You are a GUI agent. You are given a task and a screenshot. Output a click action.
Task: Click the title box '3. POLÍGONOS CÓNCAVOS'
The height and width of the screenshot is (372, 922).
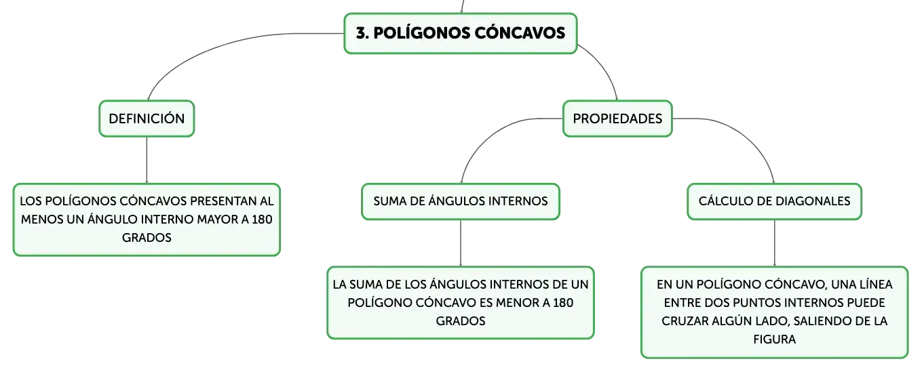[x=461, y=33]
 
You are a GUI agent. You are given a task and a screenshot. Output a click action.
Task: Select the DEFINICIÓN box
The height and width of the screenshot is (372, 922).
[x=147, y=119]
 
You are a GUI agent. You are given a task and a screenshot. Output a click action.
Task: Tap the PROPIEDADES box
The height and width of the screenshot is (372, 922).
[x=617, y=119]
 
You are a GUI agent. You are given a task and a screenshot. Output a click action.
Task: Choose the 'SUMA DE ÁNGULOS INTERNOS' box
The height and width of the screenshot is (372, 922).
[x=461, y=201]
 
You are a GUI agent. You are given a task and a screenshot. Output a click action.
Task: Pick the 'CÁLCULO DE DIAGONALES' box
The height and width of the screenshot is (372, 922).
[x=774, y=201]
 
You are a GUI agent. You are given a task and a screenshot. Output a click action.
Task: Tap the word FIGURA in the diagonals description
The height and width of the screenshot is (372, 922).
[x=774, y=339]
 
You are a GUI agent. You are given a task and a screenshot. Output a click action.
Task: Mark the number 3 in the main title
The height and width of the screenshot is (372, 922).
[x=360, y=33]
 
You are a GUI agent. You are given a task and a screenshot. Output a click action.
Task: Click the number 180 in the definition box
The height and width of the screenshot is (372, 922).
[x=262, y=220]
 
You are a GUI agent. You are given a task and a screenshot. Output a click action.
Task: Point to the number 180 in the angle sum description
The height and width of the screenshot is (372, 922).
[x=562, y=303]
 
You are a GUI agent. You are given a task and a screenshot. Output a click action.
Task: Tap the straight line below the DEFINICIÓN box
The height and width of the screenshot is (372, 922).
[x=147, y=160]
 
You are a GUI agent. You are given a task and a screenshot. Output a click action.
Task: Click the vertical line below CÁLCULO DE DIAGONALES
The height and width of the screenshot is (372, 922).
[x=774, y=243]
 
